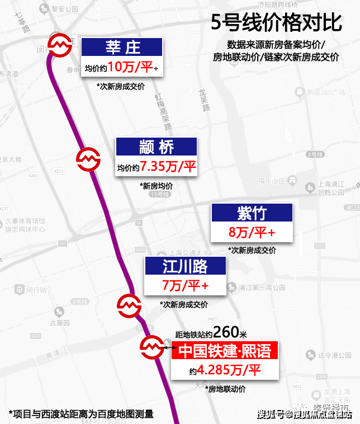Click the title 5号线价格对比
tap(276, 23)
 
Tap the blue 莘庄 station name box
tap(122, 46)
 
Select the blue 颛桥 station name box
tap(157, 147)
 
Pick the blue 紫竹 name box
tap(252, 213)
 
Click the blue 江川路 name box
tap(184, 266)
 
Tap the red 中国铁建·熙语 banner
tap(224, 351)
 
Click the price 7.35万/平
tap(168, 167)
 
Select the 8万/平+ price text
tap(252, 232)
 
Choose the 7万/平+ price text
tap(185, 285)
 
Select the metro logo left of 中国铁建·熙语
tap(151, 347)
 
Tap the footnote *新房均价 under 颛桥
tap(157, 186)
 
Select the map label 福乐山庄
tap(272, 181)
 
